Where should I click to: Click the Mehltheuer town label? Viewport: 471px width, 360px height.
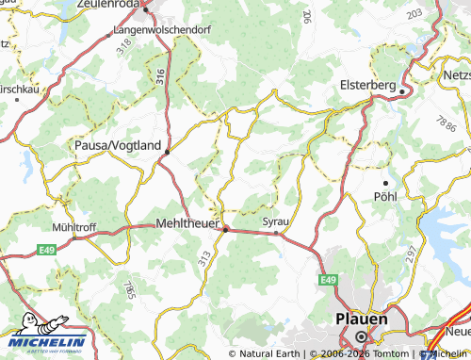point(186,224)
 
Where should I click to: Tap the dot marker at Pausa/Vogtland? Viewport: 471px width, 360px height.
point(168,151)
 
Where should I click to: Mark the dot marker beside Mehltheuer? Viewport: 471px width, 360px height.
point(226,227)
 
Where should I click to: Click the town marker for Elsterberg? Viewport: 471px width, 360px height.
point(402,91)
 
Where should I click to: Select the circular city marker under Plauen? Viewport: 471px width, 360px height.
point(361,337)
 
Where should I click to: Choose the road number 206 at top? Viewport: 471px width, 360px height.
point(306,16)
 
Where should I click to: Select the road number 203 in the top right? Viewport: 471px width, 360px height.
point(414,14)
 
